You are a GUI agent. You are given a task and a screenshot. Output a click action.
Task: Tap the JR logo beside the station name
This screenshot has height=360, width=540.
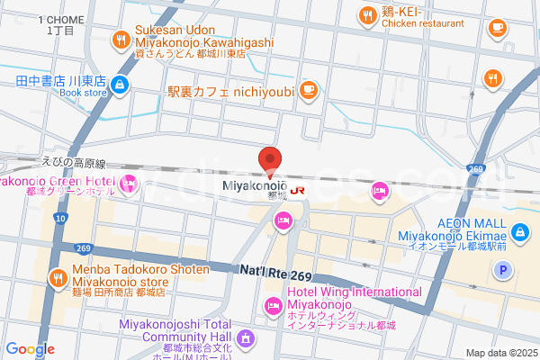(x=297, y=190)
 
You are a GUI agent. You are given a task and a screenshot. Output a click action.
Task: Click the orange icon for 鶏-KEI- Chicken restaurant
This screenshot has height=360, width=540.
(x=366, y=14)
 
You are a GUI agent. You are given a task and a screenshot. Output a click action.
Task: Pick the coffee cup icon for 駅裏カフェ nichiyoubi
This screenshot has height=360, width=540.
(x=308, y=88)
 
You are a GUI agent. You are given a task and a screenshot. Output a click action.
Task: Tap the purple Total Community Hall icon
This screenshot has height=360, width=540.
(x=248, y=339)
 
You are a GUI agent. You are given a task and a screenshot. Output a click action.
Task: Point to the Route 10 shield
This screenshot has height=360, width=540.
(x=60, y=218)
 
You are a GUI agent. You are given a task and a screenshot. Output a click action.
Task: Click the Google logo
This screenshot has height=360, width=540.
(x=30, y=348)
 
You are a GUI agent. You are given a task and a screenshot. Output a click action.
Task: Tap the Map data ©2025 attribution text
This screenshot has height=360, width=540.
(x=500, y=353)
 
